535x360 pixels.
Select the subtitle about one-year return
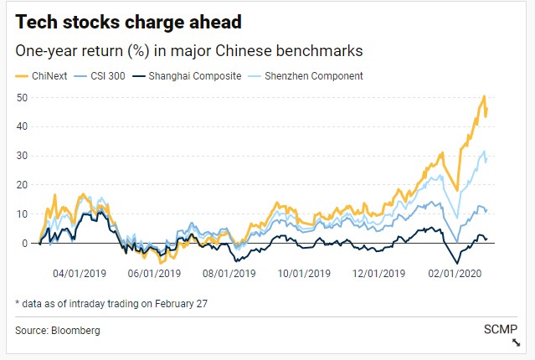[195, 50]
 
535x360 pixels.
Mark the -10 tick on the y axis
[21, 272]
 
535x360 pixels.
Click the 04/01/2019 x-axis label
[78, 273]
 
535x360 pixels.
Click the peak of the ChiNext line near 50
[485, 97]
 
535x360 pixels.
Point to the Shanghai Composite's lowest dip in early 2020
[457, 263]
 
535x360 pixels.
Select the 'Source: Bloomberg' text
[57, 331]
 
